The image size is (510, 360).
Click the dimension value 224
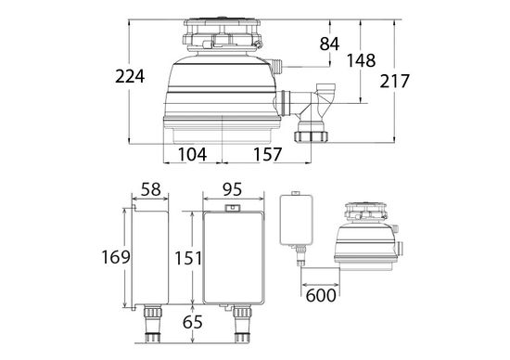(x=130, y=78)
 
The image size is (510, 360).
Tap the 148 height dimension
(x=361, y=60)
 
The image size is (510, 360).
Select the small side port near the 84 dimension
(x=275, y=66)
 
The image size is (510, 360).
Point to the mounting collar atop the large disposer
(x=223, y=34)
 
